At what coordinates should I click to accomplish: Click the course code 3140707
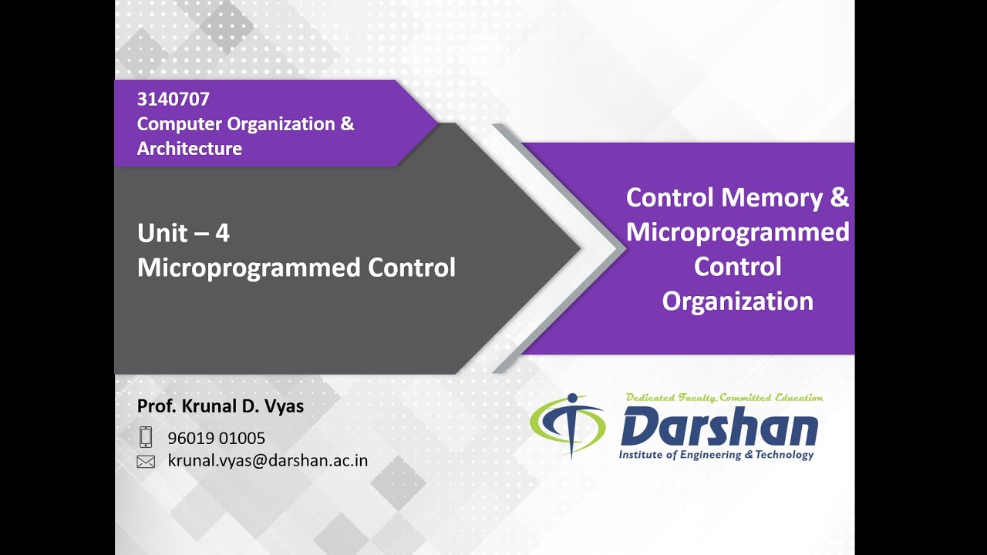pos(173,99)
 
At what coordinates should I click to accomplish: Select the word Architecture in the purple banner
pos(190,149)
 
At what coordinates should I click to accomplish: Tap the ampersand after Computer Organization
pos(347,124)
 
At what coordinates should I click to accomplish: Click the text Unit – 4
pos(184,233)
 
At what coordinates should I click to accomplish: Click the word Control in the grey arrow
pos(412,267)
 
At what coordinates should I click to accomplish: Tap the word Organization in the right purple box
pos(737,301)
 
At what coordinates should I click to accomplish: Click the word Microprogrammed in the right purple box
pos(737,232)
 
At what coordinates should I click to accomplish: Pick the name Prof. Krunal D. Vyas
pos(221,406)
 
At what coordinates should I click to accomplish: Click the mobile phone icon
pos(146,437)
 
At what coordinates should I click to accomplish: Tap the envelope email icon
pos(146,462)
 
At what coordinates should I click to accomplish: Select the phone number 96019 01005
pos(217,439)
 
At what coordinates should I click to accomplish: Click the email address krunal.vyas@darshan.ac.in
pos(268,461)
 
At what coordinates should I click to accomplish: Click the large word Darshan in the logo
pos(719,428)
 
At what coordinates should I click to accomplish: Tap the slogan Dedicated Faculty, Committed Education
pos(724,398)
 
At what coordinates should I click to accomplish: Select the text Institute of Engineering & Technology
pos(716,455)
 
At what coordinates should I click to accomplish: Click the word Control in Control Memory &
pos(669,198)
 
